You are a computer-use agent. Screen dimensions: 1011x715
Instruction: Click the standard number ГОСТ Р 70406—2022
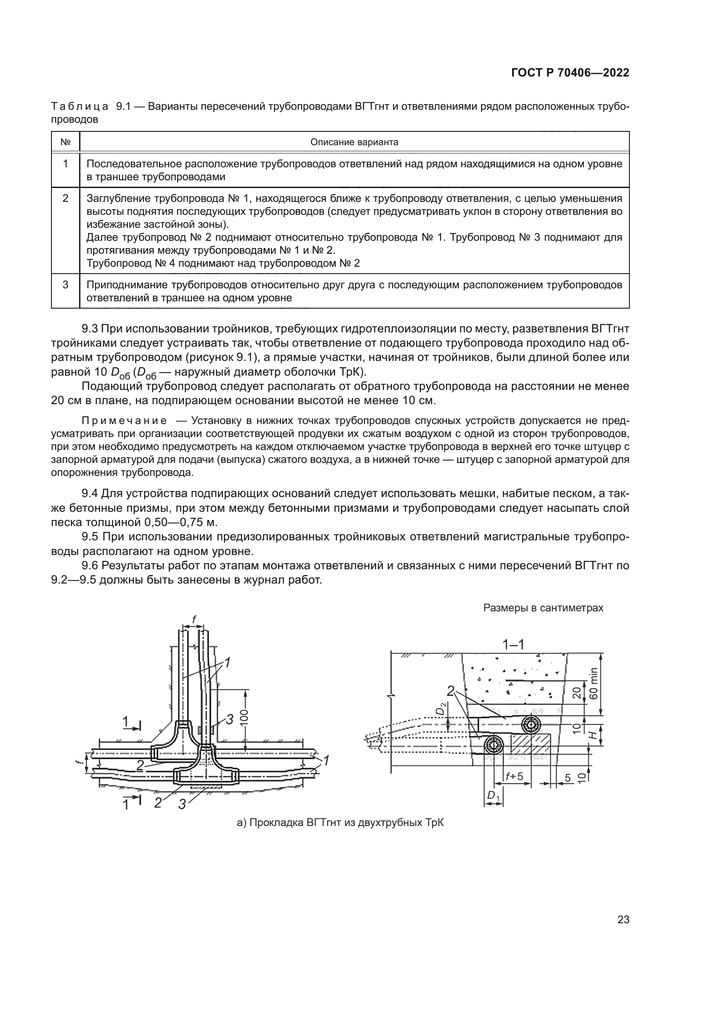[x=570, y=73]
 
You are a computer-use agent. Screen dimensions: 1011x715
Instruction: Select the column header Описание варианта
[x=354, y=142]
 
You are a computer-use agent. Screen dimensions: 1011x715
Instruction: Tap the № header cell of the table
[x=65, y=142]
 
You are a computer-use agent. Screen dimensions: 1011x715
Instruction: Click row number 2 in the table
[x=65, y=198]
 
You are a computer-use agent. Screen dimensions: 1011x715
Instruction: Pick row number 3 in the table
[x=65, y=284]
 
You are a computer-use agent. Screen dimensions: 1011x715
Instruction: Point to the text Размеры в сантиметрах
[x=543, y=608]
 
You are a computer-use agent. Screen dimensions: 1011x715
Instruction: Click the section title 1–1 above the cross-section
[x=513, y=644]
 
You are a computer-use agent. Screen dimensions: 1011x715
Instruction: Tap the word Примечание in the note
[x=124, y=421]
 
